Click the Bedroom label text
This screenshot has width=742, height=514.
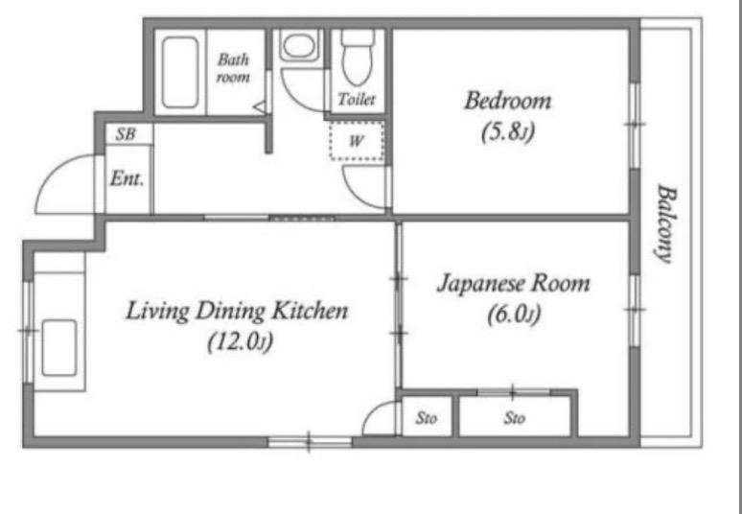point(507,102)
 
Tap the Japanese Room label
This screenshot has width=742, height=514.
point(514,284)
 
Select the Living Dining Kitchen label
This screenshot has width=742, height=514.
point(237,312)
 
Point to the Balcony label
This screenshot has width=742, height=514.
point(666,223)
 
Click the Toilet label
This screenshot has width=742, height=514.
point(357,99)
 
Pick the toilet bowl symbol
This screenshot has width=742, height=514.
point(358,58)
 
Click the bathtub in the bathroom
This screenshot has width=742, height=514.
point(180,73)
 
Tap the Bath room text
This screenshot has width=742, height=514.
point(233,68)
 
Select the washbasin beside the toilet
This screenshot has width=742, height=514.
point(298,46)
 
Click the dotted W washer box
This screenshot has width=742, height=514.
point(357,141)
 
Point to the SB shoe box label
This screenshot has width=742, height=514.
point(126,134)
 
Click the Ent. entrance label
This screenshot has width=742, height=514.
point(127,179)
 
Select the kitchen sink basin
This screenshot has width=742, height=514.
point(59,348)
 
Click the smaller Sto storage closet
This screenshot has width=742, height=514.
point(427,416)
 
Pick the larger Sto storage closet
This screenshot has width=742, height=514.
point(515,416)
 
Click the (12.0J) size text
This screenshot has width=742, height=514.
point(241,342)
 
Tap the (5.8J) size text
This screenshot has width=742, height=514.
point(507,132)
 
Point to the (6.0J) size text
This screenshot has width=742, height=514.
point(514,315)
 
